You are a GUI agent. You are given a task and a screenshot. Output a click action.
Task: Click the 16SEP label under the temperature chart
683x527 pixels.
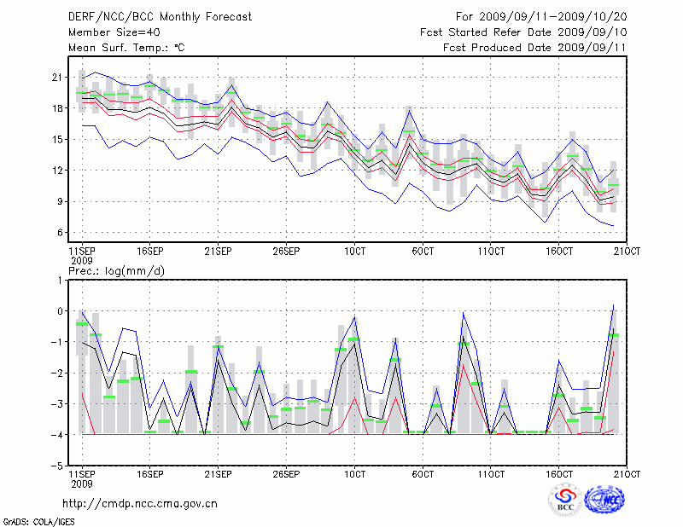pyautogui.click(x=150, y=252)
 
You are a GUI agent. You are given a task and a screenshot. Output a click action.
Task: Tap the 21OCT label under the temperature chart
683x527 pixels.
pyautogui.click(x=628, y=252)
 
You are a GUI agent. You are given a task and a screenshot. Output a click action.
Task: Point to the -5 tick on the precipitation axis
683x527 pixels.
pyautogui.click(x=59, y=466)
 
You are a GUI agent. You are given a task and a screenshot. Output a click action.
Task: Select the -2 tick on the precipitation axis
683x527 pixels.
pyautogui.click(x=59, y=374)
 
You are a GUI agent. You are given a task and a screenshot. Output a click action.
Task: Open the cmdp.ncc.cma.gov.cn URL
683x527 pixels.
pyautogui.click(x=141, y=504)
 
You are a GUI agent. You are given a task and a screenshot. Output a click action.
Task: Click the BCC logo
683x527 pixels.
pyautogui.click(x=565, y=500)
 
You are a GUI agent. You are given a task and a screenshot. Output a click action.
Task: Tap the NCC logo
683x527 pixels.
pyautogui.click(x=609, y=500)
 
